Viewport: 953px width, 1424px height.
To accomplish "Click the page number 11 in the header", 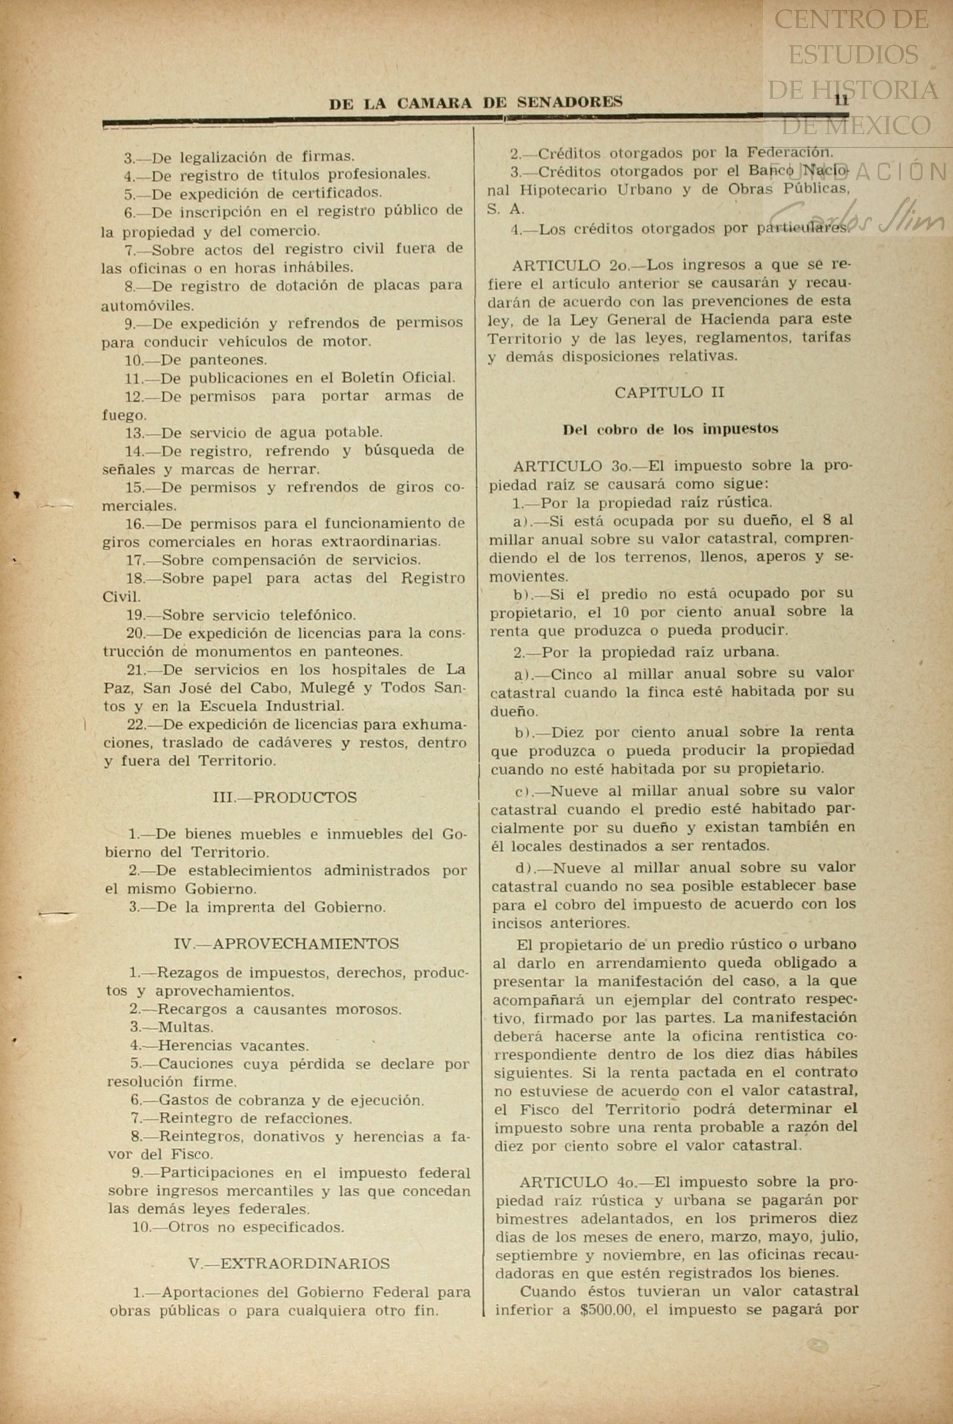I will [841, 100].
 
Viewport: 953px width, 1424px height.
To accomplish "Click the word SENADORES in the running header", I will [570, 102].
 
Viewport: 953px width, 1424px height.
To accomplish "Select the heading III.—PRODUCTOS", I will [284, 797].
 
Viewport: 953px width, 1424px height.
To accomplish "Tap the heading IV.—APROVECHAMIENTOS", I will [286, 943].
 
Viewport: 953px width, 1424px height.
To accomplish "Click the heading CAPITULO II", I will [669, 393].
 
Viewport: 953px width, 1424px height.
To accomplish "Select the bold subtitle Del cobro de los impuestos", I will [670, 429].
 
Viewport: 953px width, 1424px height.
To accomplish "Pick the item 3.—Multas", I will [171, 1027].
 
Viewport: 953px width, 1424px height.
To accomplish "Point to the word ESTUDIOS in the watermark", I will [853, 54].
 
